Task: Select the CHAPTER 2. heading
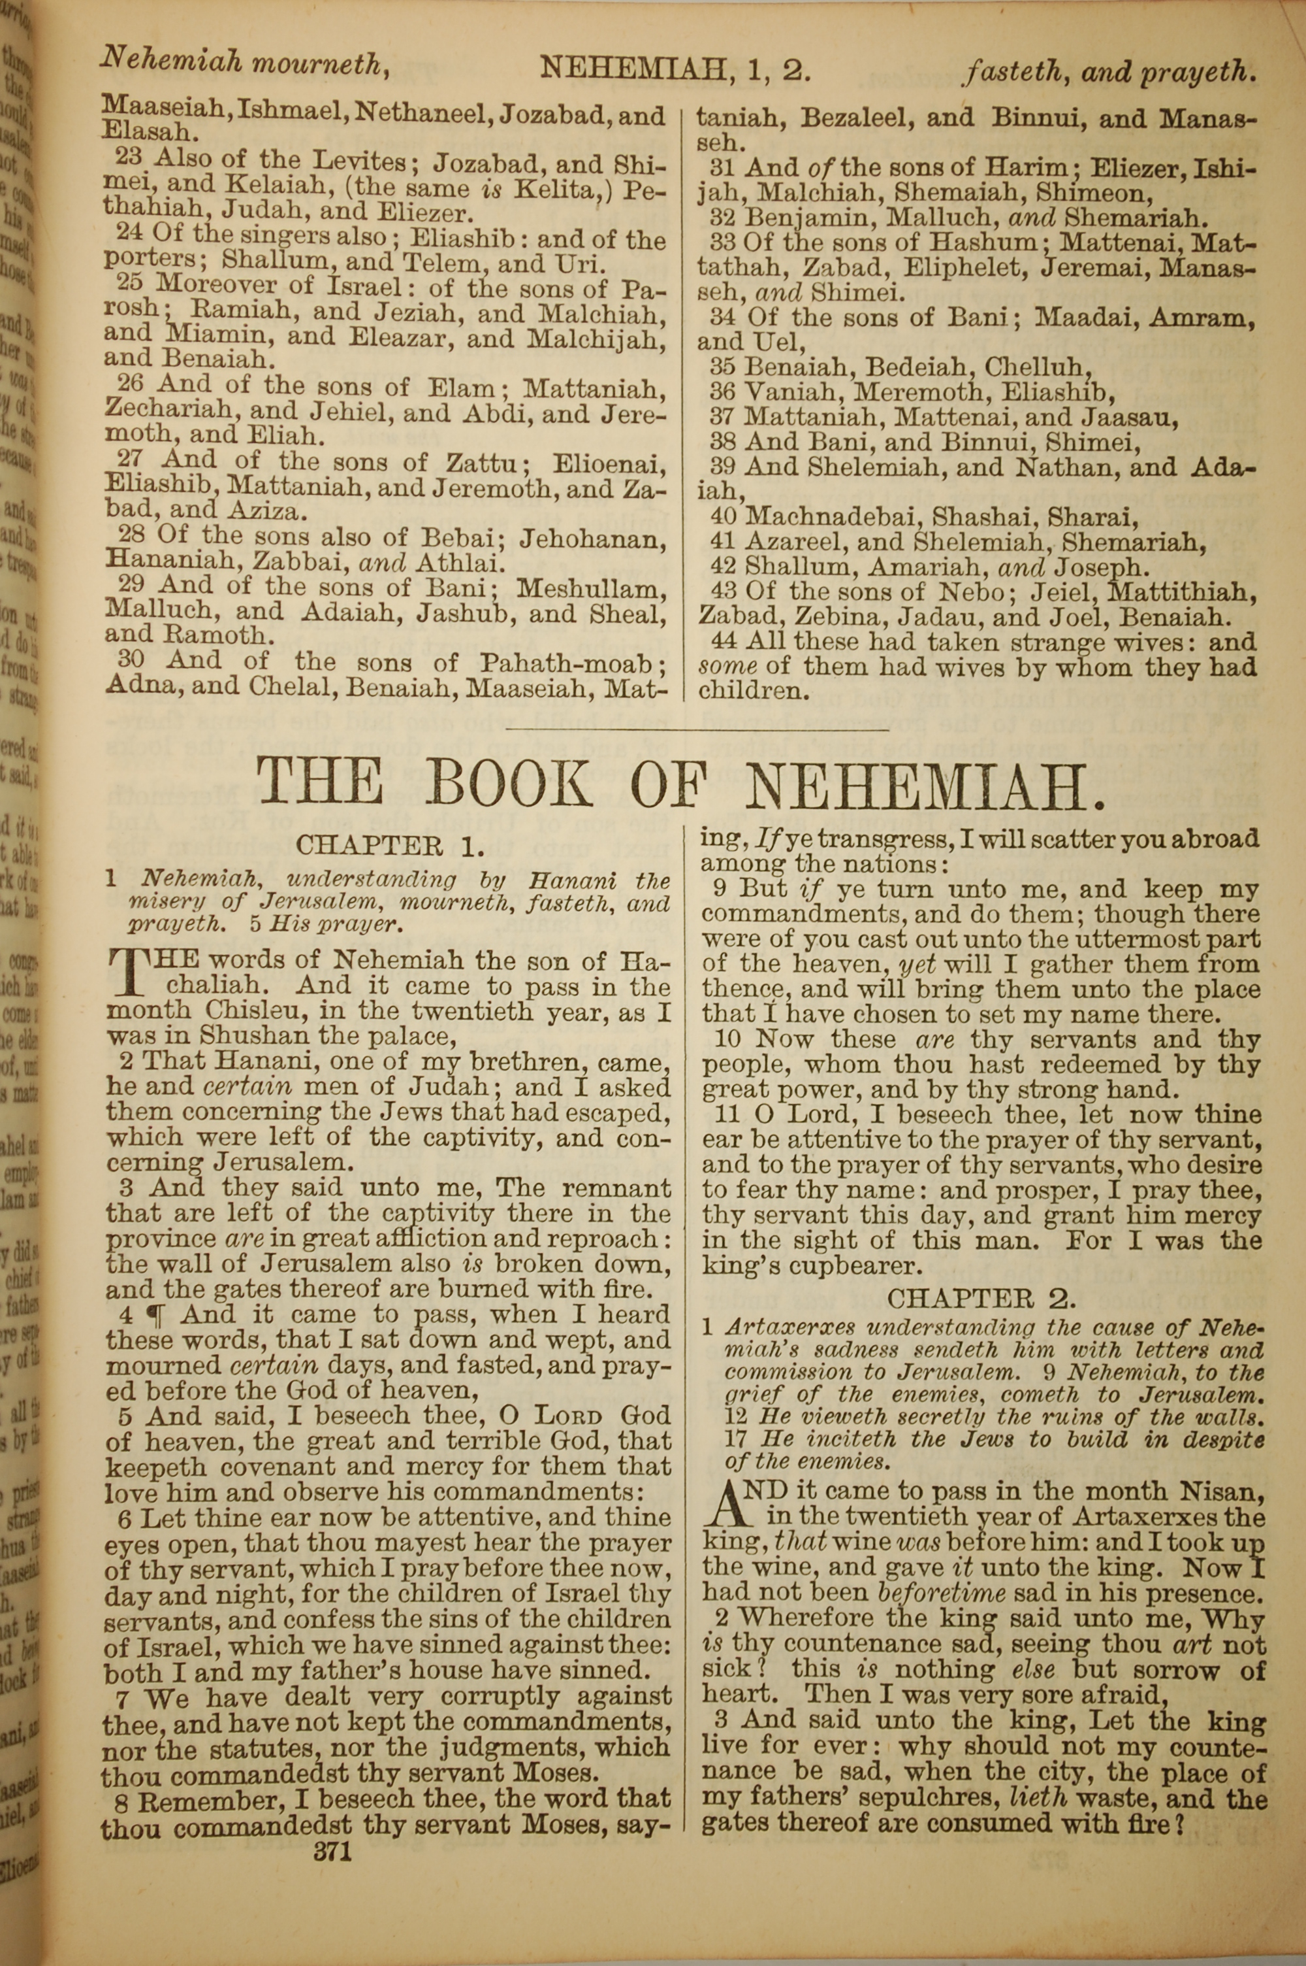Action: click(x=982, y=1297)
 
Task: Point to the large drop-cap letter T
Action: click(x=123, y=972)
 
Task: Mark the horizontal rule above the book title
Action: click(x=698, y=731)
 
